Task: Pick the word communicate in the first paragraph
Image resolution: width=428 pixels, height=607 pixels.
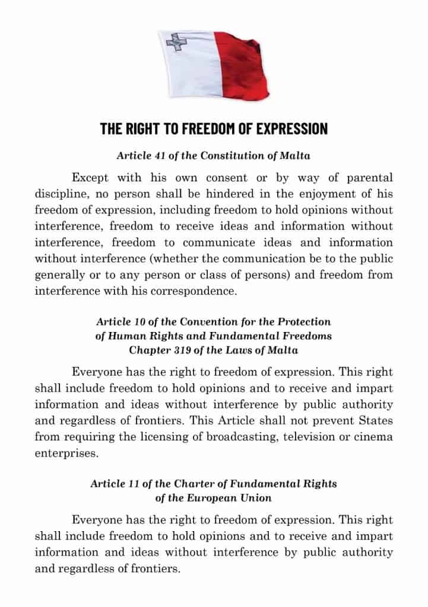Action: pyautogui.click(x=219, y=242)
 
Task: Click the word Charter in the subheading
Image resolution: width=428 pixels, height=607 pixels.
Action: pyautogui.click(x=208, y=484)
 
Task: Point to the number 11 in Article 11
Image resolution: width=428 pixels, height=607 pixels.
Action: pyautogui.click(x=133, y=484)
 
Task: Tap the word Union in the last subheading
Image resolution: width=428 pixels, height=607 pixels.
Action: pyautogui.click(x=256, y=497)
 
